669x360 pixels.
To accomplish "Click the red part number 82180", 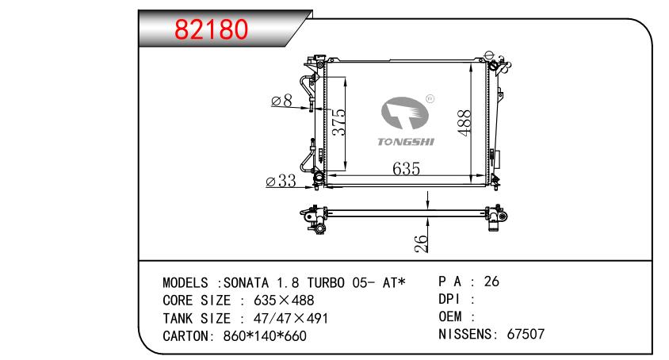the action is point(211,29).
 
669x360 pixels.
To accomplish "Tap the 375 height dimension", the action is point(339,122).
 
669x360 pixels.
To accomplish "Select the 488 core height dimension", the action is point(464,123).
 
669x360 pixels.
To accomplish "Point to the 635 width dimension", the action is point(406,169).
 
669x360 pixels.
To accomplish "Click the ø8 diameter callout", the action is point(282,101).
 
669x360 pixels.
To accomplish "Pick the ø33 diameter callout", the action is point(281,181).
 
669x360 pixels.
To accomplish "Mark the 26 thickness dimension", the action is point(421,243).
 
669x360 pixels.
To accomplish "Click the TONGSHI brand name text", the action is point(406,142).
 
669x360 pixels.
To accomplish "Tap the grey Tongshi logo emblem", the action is point(404,113).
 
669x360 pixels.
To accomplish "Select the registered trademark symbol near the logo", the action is point(430,99).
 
